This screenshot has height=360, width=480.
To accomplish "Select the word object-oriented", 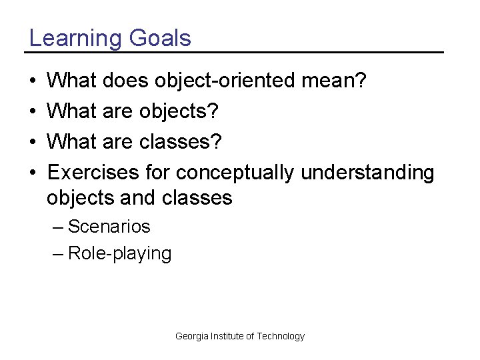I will click(227, 82).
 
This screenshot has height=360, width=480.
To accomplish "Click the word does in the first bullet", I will click(127, 81).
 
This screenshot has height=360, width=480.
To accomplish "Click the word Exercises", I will click(93, 173).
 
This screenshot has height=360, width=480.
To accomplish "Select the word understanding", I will click(367, 173).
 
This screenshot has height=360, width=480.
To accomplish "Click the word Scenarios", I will click(109, 227).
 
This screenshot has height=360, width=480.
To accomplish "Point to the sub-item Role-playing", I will click(119, 254).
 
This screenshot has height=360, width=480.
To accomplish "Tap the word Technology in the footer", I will click(281, 337).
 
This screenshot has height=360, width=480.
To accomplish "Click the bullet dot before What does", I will click(33, 82).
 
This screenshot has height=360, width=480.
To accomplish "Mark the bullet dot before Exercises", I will click(33, 173).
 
